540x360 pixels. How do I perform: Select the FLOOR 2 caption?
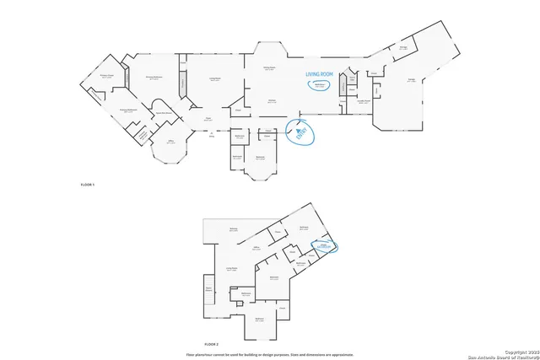tap(211, 344)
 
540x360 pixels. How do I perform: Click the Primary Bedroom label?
tap(154, 77)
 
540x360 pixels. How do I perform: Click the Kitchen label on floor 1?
tap(273, 101)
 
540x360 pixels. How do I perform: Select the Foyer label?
tap(206, 120)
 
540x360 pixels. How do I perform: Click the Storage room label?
tap(403, 48)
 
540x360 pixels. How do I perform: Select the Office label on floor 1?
tap(170, 142)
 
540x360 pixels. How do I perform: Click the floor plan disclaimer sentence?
tap(270, 354)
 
